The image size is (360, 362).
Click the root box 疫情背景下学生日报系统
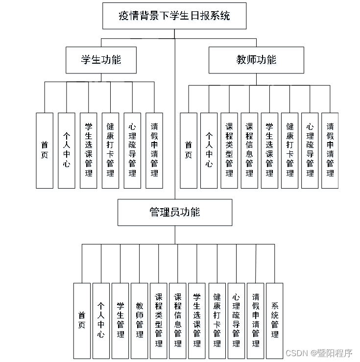[174, 16]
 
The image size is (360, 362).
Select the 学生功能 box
[101, 60]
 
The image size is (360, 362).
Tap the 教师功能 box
[256, 60]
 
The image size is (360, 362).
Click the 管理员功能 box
[175, 212]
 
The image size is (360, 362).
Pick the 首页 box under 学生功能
[45, 150]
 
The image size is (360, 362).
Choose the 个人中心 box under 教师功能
[209, 150]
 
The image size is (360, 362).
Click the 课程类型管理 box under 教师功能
[229, 150]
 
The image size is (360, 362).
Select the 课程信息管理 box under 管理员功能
[178, 320]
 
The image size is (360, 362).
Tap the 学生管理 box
[120, 320]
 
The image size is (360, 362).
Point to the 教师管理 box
[140, 320]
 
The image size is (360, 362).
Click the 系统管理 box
[274, 320]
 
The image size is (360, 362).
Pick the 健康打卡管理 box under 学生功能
[110, 150]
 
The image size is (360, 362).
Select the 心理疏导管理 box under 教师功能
[310, 150]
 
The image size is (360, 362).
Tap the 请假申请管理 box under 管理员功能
[255, 320]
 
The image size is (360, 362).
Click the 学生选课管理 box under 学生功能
[88, 150]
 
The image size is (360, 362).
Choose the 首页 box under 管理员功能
[82, 320]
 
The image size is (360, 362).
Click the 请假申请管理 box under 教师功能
[330, 150]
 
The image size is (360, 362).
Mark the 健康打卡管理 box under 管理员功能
[217, 320]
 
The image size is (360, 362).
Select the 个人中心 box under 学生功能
[67, 150]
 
